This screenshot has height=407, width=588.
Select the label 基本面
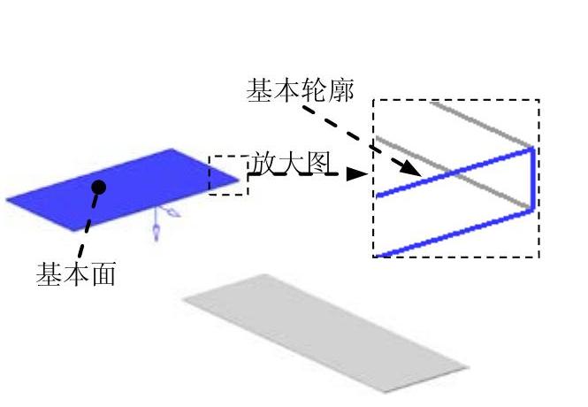coord(75,274)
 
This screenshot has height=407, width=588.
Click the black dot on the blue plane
coord(99,187)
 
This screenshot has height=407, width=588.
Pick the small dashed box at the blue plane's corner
coord(228,174)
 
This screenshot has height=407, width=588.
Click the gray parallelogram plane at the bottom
coord(323,332)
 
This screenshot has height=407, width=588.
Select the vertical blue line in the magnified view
coord(533,180)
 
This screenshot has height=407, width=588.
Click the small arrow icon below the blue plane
coord(157,225)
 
